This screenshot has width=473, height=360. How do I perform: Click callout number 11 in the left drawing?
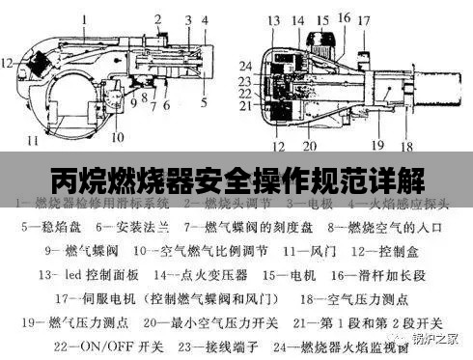pos(33,141)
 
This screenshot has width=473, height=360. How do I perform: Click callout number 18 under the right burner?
pos(406,146)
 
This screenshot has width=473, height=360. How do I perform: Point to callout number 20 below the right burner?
pos(309,147)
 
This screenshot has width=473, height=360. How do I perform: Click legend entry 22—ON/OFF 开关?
pos(96,344)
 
